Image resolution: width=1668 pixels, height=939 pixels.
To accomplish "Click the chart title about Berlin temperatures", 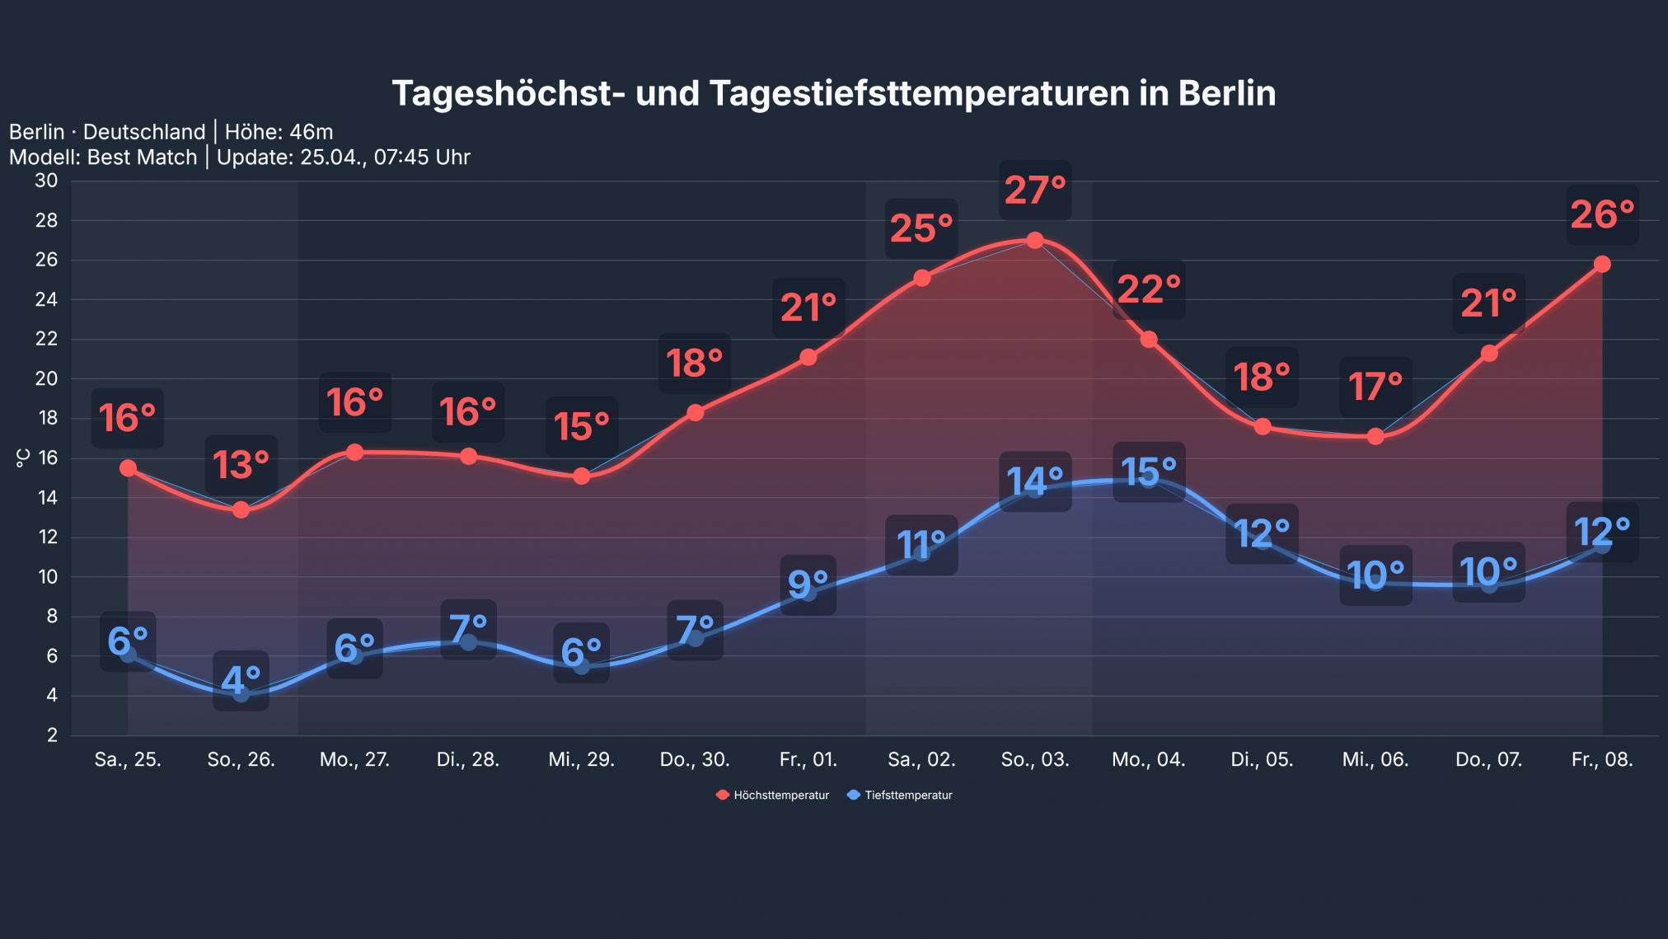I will [833, 93].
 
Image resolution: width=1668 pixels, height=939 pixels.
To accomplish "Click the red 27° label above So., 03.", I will [1035, 190].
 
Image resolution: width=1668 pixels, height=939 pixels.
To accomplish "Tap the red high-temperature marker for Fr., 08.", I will [1602, 264].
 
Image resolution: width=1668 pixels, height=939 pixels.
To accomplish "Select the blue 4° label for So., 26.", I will [241, 681].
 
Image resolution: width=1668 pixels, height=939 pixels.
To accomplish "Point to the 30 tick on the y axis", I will [46, 181].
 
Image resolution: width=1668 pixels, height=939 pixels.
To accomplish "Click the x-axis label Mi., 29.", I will [581, 759].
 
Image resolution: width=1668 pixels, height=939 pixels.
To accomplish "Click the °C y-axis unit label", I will [23, 458].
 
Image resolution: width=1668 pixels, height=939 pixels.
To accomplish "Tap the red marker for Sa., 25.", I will [128, 468].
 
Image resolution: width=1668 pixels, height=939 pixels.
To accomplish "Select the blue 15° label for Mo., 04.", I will [1149, 472].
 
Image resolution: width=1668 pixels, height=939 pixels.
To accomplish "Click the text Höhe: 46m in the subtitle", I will [279, 132].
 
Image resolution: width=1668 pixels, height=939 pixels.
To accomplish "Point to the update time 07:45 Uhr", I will [421, 157].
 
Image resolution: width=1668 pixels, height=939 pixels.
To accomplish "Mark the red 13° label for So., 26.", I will [241, 465].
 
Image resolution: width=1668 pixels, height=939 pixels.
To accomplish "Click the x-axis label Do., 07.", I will [1488, 759].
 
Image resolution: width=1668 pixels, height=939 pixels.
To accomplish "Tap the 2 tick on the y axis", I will [52, 735].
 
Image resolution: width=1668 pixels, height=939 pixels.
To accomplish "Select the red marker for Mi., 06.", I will [1375, 436].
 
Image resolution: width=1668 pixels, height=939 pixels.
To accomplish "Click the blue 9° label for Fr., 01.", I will [808, 585].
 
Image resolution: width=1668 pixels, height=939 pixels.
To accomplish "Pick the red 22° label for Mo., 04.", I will [1149, 289].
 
